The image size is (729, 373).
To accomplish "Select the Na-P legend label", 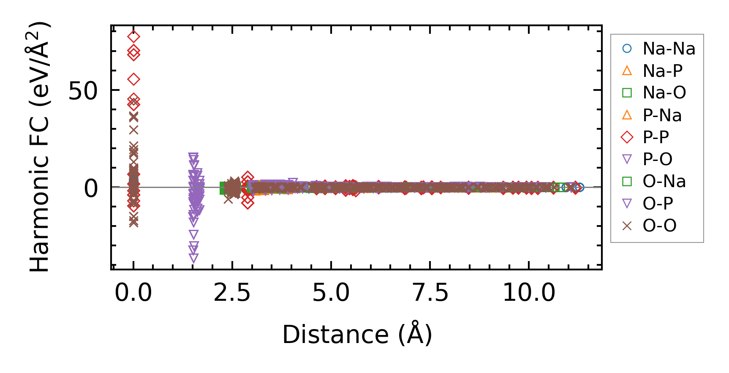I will pos(662,71).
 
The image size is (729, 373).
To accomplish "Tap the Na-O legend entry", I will pos(664,93).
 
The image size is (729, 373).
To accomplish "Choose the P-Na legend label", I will pos(662,115).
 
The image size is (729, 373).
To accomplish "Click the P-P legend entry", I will pos(656,137).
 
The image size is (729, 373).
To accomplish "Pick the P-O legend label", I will pos(657,159).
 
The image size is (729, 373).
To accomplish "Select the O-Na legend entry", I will pos(664,182).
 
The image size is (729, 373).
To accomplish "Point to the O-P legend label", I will pos(657,204).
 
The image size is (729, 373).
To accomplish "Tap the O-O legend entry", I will pos(659,226).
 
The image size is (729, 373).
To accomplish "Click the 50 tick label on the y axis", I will pos(83,90).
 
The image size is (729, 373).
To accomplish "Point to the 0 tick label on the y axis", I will pos(91,188).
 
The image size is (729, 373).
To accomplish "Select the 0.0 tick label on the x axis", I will pos(133,292).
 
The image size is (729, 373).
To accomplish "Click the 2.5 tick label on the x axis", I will pos(232,292).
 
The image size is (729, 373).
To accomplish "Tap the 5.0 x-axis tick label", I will pos(331,292).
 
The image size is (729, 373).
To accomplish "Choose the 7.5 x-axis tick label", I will pos(430,292).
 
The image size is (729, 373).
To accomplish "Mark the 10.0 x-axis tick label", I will pos(529,292).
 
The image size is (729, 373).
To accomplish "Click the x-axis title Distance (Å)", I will pos(357,335).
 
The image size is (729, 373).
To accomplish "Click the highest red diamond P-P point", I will pos(133,37).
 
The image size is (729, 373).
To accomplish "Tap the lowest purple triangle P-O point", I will pos(193,258).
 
